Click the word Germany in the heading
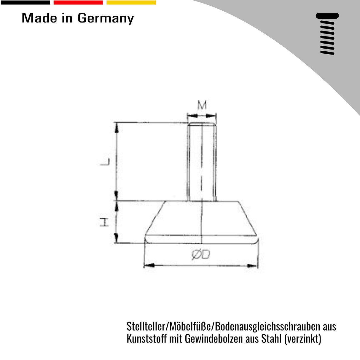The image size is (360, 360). pos(106,18)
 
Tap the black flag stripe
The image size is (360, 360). pos(25,2)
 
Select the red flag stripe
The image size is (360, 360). pos(78,2)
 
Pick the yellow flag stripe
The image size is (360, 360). pos(131,2)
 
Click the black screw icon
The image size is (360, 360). pos(327,34)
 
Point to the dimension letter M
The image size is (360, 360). pos(202,105)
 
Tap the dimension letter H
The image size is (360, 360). pos(104,222)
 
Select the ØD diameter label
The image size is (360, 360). pos(200,254)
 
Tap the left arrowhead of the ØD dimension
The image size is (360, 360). pos(150,265)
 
